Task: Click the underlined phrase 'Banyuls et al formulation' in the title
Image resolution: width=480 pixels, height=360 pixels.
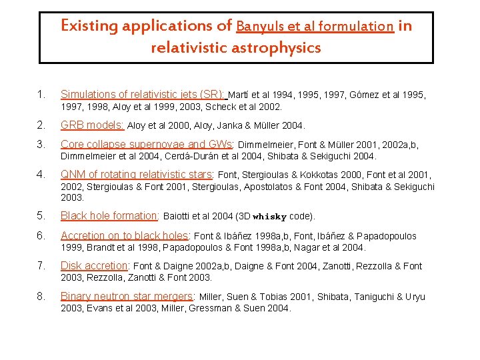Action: pos(315,27)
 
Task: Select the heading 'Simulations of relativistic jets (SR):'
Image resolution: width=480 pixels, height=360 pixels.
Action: pos(144,95)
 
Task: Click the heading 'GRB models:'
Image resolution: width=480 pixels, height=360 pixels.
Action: pos(92,125)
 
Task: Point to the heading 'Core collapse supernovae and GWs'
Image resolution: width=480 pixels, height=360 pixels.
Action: pos(146,144)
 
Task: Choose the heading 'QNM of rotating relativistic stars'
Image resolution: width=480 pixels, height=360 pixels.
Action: pos(137,175)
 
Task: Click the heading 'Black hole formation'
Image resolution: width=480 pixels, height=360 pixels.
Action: pos(109,215)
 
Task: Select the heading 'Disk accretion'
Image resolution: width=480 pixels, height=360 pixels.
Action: pos(94,265)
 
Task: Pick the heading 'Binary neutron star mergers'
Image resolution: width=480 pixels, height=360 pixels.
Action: pos(126,296)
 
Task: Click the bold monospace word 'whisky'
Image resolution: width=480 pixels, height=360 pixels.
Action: pos(269,217)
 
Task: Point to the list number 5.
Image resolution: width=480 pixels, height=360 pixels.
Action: pos(42,215)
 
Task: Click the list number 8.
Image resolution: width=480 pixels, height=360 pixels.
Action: pos(42,296)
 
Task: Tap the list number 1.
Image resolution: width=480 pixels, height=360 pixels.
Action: pos(42,95)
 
